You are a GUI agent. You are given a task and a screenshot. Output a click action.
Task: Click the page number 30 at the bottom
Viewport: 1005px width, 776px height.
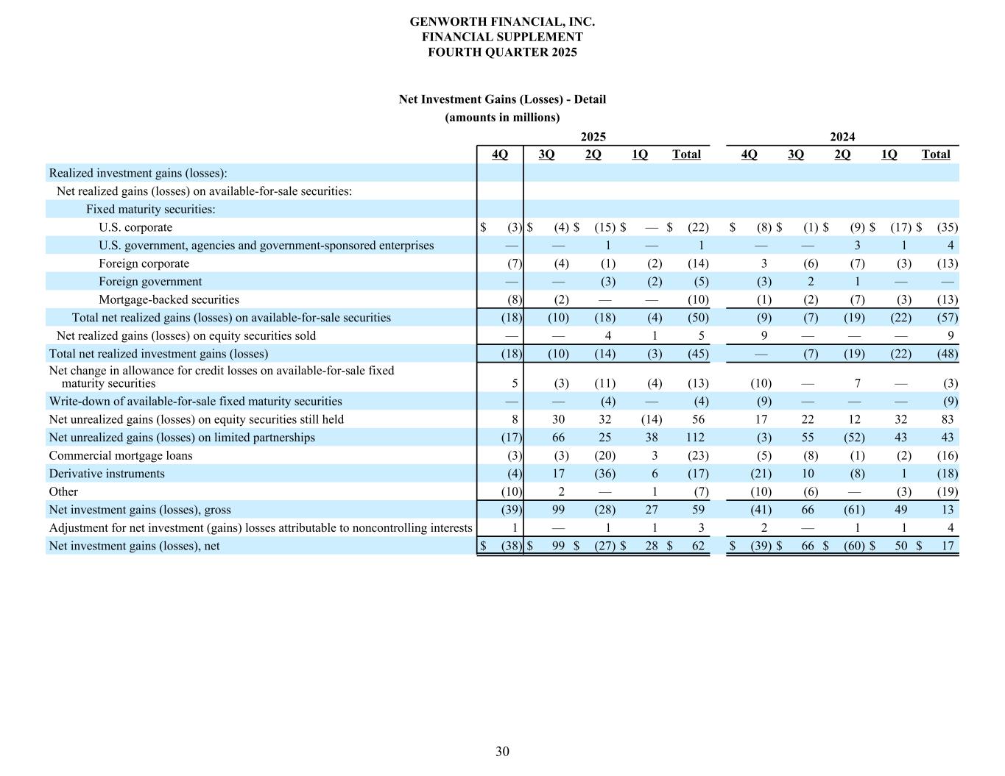pos(502,751)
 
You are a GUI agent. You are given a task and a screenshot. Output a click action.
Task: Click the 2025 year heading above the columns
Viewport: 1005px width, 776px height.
pos(593,137)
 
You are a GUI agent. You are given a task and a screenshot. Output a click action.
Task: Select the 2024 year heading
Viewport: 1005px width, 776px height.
pos(842,137)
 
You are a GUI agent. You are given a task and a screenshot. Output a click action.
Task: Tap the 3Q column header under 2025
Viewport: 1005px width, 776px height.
pos(546,154)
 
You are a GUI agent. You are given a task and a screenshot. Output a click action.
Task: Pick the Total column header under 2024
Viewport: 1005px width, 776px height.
pos(936,154)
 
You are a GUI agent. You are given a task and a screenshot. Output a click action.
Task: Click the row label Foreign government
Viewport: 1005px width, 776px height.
pos(150,282)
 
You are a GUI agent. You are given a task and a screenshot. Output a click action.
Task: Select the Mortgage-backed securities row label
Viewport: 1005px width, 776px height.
pos(169,299)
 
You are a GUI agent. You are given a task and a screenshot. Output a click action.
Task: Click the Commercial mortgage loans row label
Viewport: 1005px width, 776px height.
pos(121,455)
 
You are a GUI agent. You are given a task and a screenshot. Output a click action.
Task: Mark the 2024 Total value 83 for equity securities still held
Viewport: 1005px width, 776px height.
pos(947,419)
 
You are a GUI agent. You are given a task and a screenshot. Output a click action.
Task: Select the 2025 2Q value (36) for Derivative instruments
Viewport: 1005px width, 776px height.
pos(604,474)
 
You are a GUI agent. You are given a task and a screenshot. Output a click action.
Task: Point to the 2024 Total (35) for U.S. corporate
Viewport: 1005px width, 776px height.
pos(947,227)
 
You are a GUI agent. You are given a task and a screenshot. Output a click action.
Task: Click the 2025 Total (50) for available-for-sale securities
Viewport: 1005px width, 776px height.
pos(697,318)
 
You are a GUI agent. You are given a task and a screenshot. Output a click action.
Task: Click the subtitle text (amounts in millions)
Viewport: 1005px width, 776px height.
pos(502,117)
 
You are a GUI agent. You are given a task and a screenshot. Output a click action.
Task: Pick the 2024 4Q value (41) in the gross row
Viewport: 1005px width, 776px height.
pos(761,510)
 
